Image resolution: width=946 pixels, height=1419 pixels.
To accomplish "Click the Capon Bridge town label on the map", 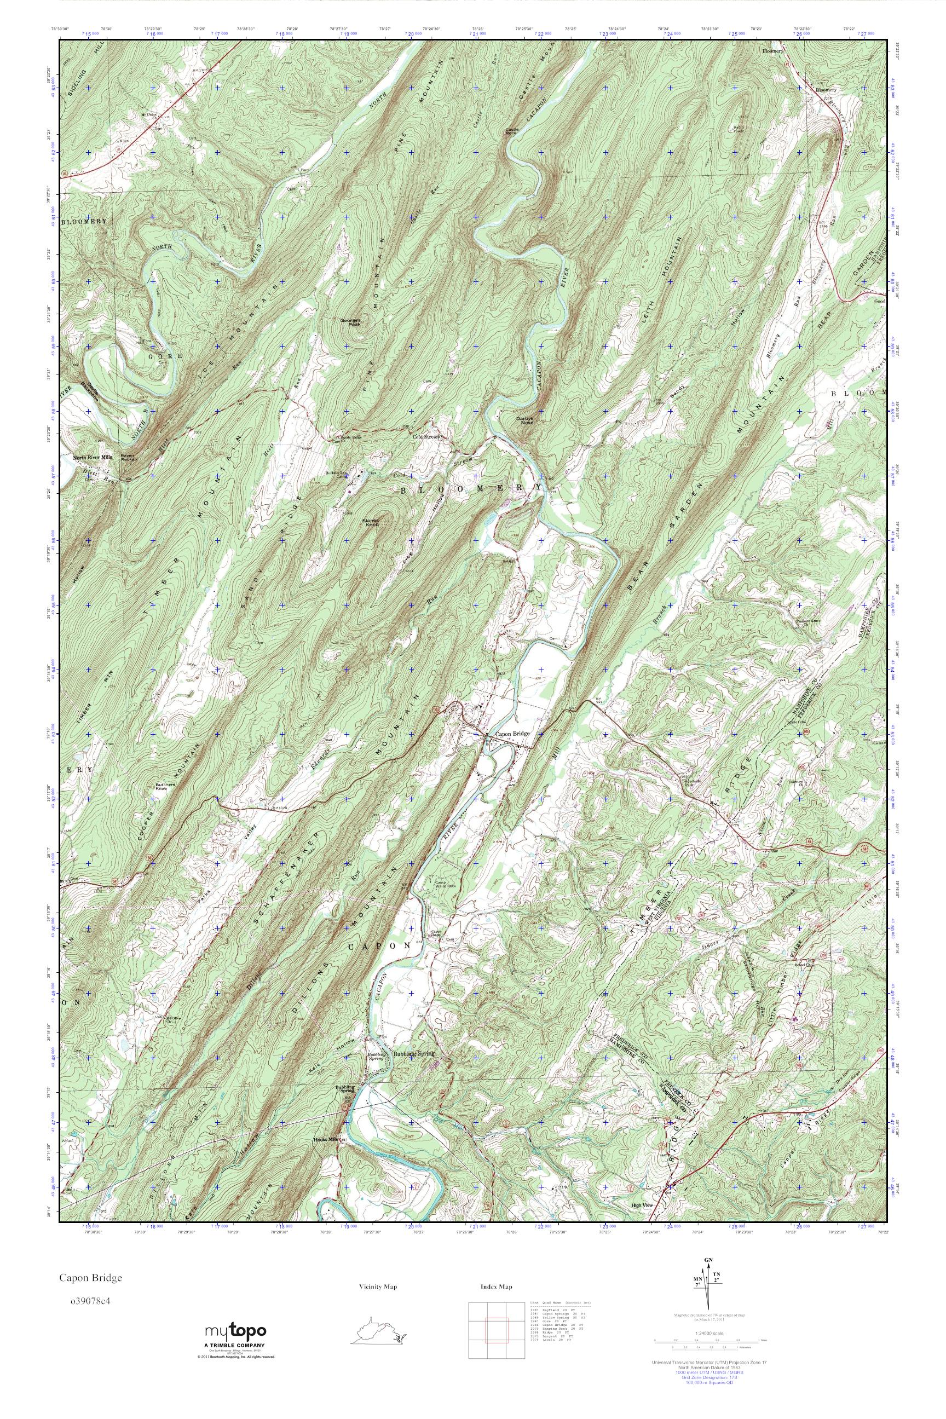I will pos(512,734).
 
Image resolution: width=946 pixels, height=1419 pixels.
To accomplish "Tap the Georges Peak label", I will pos(350,322).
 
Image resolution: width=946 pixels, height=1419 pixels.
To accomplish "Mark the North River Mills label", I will pos(93,457).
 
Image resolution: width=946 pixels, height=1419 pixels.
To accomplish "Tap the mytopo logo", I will pos(236,1330).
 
